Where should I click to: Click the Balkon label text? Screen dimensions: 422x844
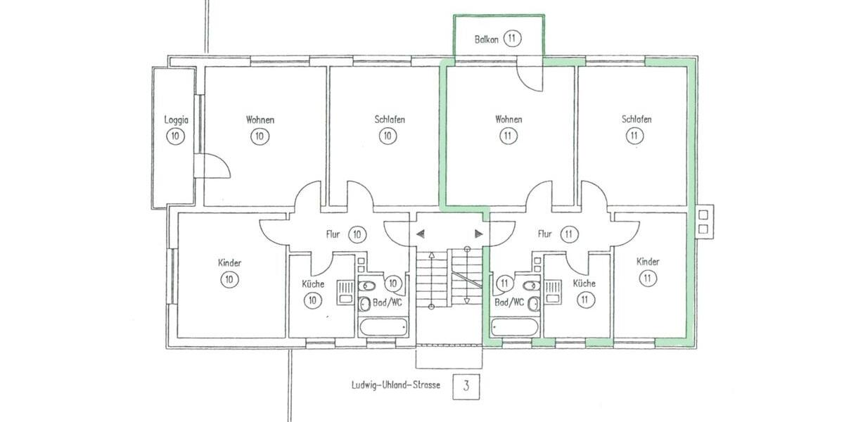pos(485,40)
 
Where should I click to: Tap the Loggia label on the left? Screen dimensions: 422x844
pos(176,120)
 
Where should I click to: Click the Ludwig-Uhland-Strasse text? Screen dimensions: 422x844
pos(396,385)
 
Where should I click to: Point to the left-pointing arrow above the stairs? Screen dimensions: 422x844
pos(420,234)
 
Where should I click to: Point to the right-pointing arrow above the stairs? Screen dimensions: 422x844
pos(479,234)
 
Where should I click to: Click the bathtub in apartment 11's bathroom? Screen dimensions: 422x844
pos(515,327)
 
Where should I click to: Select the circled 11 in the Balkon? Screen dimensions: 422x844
pos(512,39)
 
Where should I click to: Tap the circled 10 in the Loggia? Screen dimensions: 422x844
pos(176,136)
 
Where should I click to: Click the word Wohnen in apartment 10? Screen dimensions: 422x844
pos(260,120)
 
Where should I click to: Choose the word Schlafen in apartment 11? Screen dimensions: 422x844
pos(637,120)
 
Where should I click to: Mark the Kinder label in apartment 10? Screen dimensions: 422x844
pos(229,263)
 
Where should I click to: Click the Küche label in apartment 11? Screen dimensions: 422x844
pos(584,283)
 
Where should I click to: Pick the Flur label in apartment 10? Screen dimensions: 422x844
pos(333,234)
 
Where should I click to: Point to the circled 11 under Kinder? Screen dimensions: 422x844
pos(647,279)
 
